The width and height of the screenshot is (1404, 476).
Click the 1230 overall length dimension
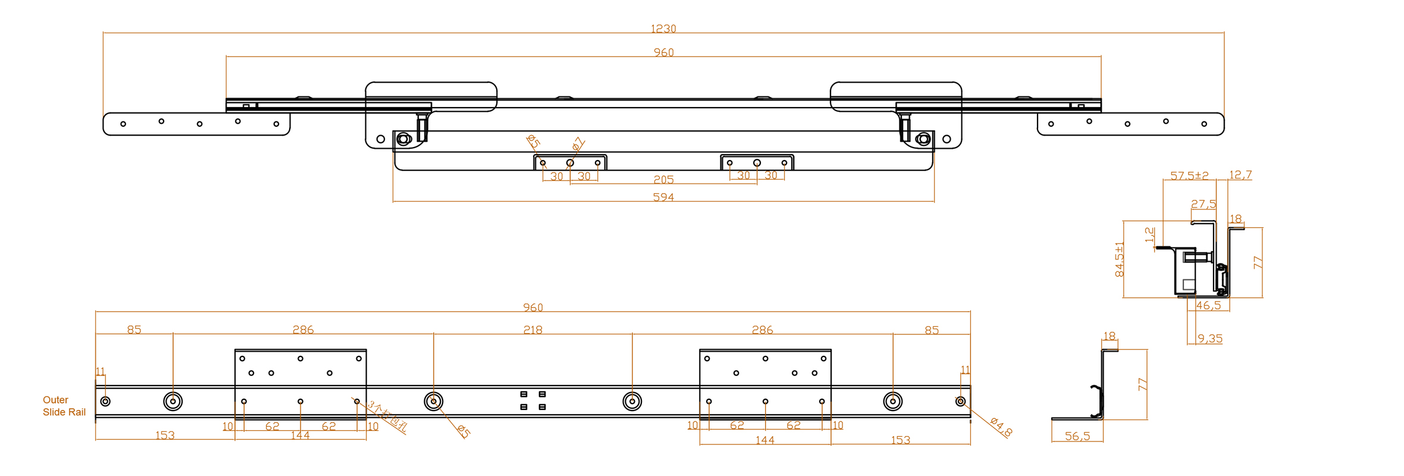click(x=663, y=29)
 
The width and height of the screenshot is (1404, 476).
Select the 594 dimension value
click(x=663, y=197)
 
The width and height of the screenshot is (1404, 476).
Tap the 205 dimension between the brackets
click(x=663, y=180)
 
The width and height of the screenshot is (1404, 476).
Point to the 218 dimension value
click(x=532, y=330)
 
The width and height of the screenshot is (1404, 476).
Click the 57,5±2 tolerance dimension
click(x=1189, y=176)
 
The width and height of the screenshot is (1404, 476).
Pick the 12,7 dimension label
click(x=1240, y=175)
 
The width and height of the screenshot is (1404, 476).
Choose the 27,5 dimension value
click(x=1204, y=204)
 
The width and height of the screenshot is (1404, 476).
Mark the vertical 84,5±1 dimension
click(x=1120, y=259)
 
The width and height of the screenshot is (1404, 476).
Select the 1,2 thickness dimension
click(x=1149, y=235)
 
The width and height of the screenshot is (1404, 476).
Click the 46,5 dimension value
click(x=1208, y=305)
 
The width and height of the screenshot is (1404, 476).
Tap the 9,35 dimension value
click(x=1210, y=339)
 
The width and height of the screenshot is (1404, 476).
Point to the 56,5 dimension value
click(x=1077, y=436)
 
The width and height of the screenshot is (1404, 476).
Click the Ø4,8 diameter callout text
click(x=1001, y=427)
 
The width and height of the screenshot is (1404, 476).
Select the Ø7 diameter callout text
click(x=578, y=144)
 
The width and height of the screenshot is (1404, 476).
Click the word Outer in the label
click(x=55, y=400)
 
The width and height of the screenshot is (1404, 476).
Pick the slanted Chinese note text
click(x=387, y=416)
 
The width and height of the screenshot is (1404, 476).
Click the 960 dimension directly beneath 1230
click(x=663, y=52)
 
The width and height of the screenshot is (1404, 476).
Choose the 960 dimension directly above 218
click(x=532, y=308)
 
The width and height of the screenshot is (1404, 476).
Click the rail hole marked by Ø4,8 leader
click(x=960, y=402)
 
